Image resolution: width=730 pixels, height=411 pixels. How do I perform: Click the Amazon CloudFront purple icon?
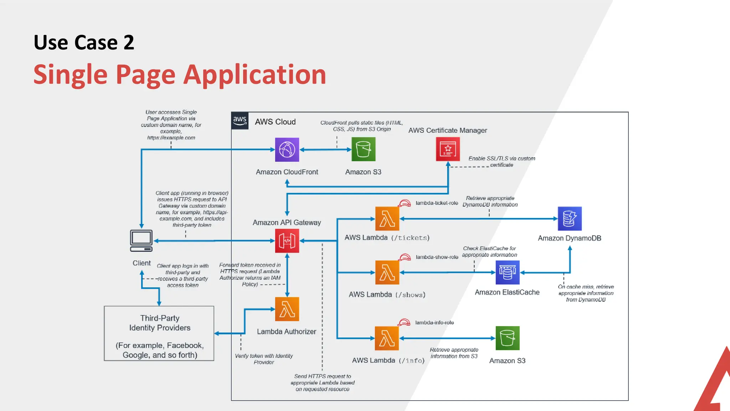pyautogui.click(x=287, y=149)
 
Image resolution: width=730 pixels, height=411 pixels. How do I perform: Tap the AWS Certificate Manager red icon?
pyautogui.click(x=448, y=149)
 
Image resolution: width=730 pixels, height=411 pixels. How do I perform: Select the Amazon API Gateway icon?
pyautogui.click(x=287, y=241)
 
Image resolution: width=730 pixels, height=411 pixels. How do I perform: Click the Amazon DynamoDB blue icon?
pyautogui.click(x=570, y=219)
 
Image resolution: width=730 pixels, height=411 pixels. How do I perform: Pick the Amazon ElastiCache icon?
pyautogui.click(x=507, y=273)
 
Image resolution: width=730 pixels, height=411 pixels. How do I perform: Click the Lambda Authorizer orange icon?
pyautogui.click(x=287, y=309)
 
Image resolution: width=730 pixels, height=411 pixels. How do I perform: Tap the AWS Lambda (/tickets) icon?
pyautogui.click(x=387, y=219)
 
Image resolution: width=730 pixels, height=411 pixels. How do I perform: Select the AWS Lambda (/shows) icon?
pyautogui.click(x=387, y=273)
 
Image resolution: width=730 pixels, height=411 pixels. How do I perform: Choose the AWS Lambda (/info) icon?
pyautogui.click(x=387, y=338)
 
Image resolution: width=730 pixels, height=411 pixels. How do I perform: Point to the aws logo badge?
pyautogui.click(x=240, y=121)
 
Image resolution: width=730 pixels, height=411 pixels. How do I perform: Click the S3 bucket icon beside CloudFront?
pyautogui.click(x=363, y=149)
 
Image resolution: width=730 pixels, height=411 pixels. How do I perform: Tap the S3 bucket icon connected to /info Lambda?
pyautogui.click(x=507, y=338)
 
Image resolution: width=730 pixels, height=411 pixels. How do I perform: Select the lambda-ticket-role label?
pyautogui.click(x=437, y=203)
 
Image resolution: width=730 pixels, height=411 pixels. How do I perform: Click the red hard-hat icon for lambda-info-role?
pyautogui.click(x=404, y=323)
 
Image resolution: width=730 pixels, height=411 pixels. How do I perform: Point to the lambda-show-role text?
pyautogui.click(x=437, y=257)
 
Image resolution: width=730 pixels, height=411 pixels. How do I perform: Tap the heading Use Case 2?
pyautogui.click(x=84, y=42)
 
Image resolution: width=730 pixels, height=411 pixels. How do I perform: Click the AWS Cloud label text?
pyautogui.click(x=275, y=122)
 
